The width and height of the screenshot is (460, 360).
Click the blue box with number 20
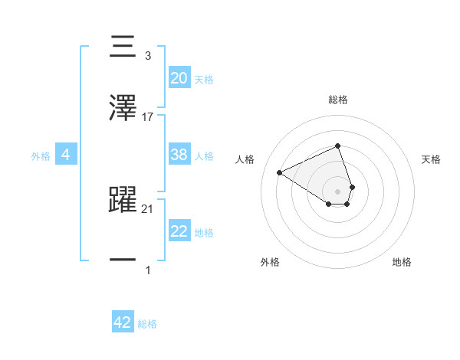pyautogui.click(x=179, y=77)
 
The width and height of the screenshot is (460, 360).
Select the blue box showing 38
pyautogui.click(x=179, y=154)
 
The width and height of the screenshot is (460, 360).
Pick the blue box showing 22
pyautogui.click(x=179, y=231)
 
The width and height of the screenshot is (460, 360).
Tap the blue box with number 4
pyautogui.click(x=66, y=155)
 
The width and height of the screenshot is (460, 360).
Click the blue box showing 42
pyautogui.click(x=123, y=322)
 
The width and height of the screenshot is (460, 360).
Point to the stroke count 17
pyautogui.click(x=148, y=116)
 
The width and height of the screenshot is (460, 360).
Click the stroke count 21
pyautogui.click(x=148, y=209)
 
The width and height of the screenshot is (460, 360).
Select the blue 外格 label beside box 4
pyautogui.click(x=41, y=155)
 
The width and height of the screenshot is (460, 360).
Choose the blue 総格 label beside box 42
pyautogui.click(x=147, y=324)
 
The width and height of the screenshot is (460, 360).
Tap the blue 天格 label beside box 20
pyautogui.click(x=204, y=79)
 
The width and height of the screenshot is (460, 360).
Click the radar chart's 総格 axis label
pyautogui.click(x=337, y=100)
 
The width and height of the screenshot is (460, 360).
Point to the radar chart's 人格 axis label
pyautogui.click(x=245, y=159)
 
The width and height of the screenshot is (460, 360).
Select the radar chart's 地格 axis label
pyautogui.click(x=402, y=262)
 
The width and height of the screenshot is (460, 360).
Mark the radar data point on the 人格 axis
pyautogui.click(x=280, y=173)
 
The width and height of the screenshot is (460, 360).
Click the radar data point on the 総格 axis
pyautogui.click(x=337, y=146)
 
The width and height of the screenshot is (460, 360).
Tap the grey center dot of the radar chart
pyautogui.click(x=337, y=191)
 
